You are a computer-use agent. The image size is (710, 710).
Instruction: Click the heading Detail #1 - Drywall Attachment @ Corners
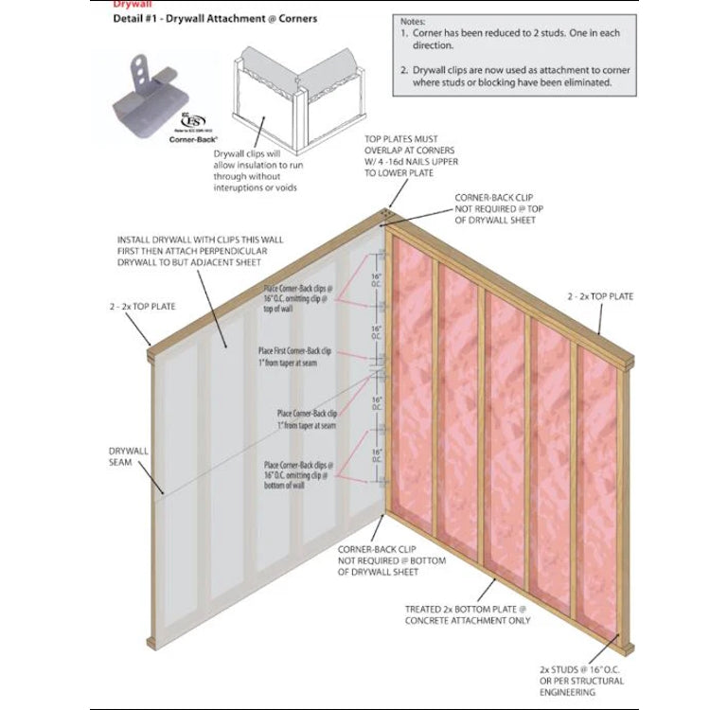[x=215, y=19]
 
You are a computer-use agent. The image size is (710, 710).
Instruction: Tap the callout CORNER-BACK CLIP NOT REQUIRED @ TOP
[x=495, y=210]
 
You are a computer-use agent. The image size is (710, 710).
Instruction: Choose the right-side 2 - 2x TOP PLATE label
[x=600, y=296]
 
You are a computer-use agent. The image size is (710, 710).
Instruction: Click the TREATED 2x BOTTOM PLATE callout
[x=467, y=615]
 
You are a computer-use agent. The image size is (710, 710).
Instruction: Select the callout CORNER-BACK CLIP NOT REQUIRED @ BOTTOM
[x=391, y=560]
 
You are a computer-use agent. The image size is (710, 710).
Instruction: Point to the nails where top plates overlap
[x=386, y=214]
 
